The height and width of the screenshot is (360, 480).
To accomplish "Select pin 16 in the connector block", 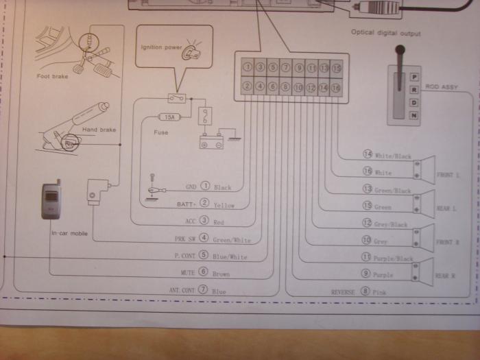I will click(x=336, y=87).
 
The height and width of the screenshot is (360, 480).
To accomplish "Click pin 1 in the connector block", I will click(x=248, y=68).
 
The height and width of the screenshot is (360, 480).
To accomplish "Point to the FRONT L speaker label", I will click(x=448, y=176).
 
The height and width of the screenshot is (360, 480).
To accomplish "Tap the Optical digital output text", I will click(x=385, y=32).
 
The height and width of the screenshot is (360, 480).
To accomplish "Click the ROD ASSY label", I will click(x=441, y=86).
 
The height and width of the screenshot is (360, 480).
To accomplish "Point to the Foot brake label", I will click(x=52, y=77).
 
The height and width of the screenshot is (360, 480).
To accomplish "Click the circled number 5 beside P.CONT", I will click(x=203, y=255).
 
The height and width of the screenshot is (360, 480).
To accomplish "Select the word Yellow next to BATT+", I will click(x=224, y=205).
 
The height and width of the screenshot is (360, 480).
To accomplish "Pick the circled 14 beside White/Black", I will click(x=367, y=156).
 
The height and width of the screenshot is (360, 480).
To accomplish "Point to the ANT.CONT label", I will click(x=181, y=291).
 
